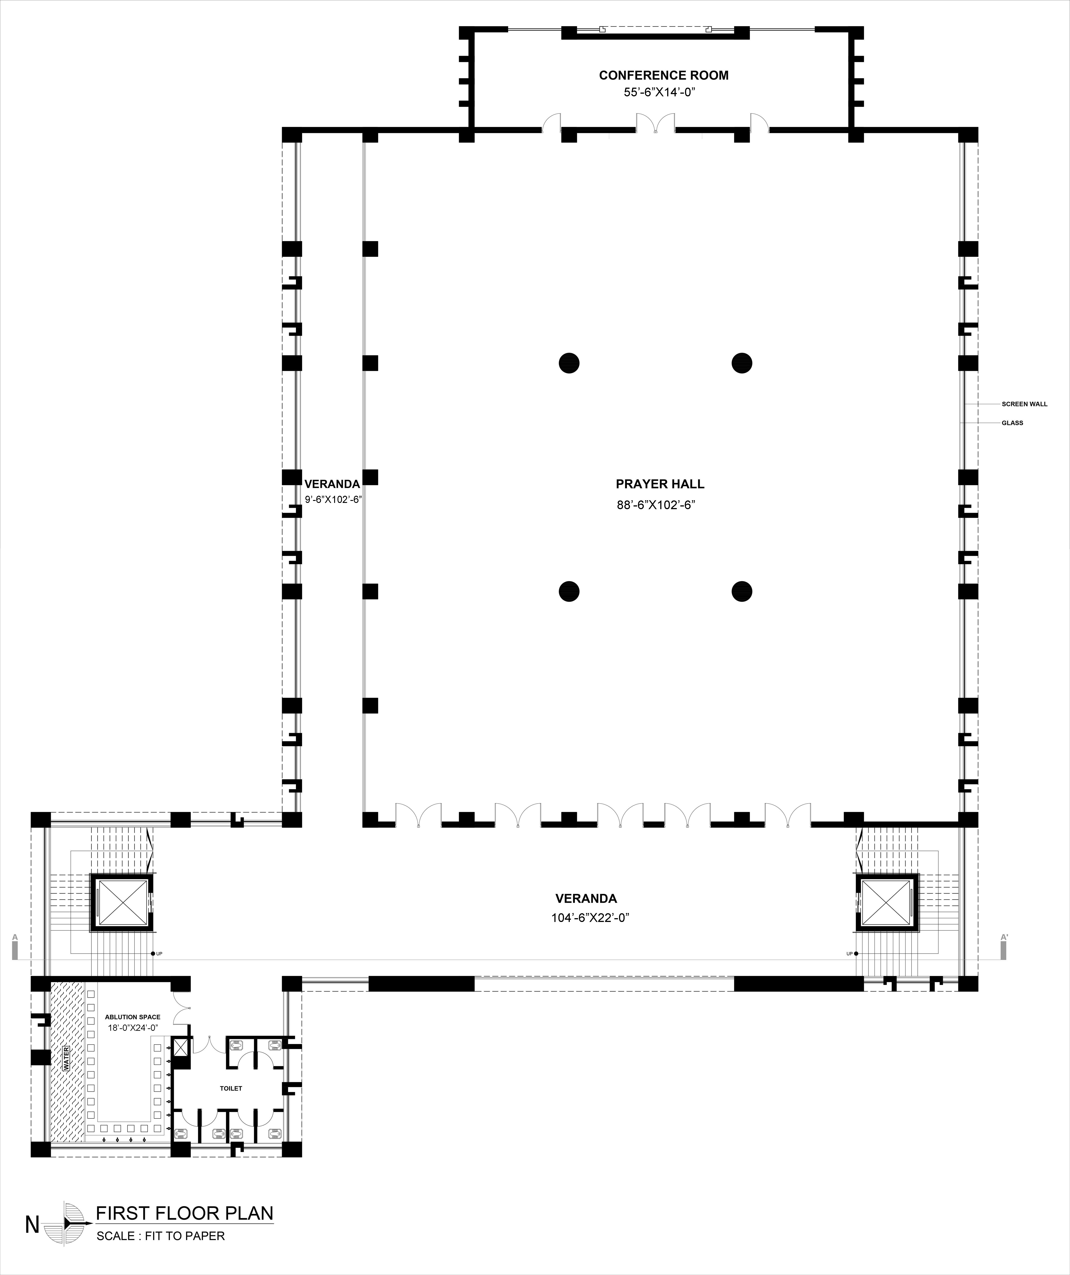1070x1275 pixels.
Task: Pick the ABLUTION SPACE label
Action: pyautogui.click(x=133, y=1017)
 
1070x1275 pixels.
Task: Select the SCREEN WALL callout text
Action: pyautogui.click(x=1025, y=404)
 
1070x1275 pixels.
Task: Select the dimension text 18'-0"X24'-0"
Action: pyautogui.click(x=133, y=1028)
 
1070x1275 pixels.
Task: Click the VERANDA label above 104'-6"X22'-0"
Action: pyautogui.click(x=586, y=899)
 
